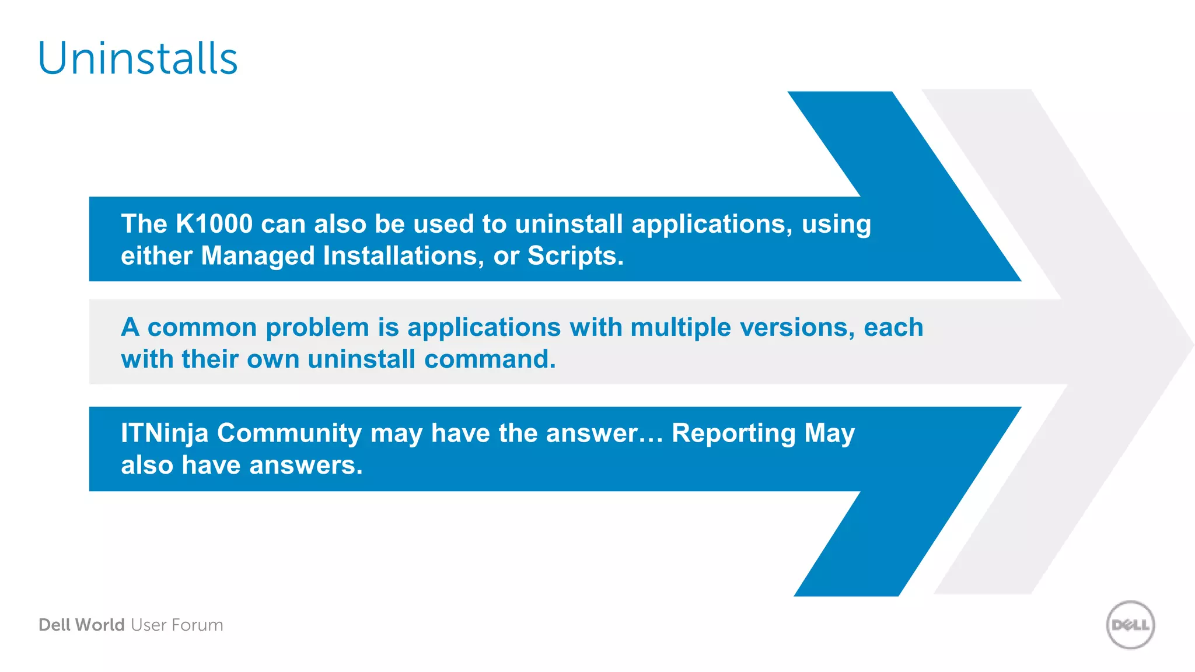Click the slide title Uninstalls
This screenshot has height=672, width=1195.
click(x=138, y=59)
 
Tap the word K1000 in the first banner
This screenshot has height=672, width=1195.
click(x=214, y=224)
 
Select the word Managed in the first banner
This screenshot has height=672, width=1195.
click(x=258, y=256)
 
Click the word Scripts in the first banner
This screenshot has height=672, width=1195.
click(x=575, y=256)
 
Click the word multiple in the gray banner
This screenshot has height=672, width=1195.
click(x=680, y=328)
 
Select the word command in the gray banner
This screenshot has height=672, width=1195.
click(x=490, y=359)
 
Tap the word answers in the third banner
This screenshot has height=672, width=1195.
click(x=306, y=466)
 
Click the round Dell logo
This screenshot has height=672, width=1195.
click(x=1130, y=625)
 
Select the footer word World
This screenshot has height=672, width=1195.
click(x=100, y=625)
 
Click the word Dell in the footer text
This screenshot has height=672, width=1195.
click(x=54, y=625)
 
